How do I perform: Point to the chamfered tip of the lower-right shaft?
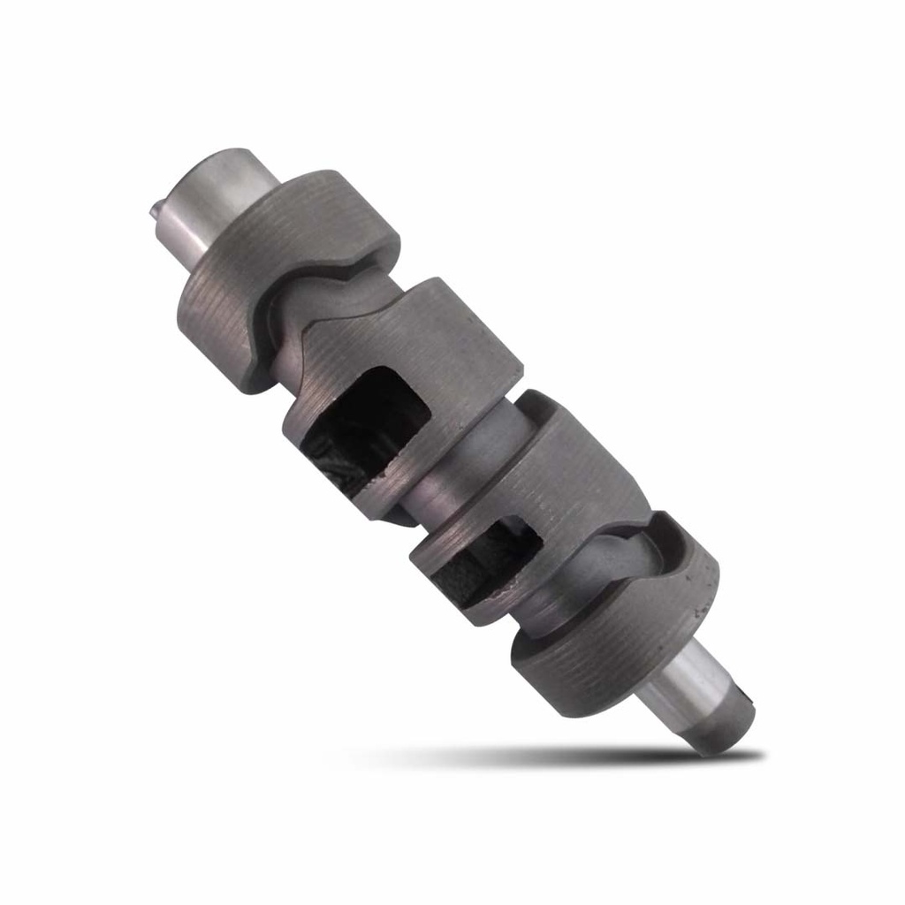tap(725, 734)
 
